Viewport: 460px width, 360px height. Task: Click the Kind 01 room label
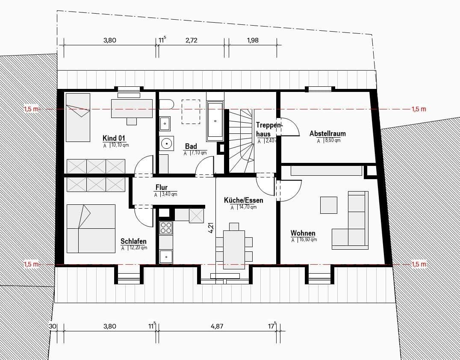click(x=114, y=138)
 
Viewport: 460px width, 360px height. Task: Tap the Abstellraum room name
click(x=327, y=133)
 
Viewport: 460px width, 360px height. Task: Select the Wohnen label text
click(x=303, y=233)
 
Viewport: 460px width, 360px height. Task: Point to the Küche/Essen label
click(x=243, y=200)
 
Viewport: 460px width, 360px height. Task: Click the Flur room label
click(x=161, y=187)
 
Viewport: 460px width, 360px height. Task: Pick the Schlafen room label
click(x=133, y=241)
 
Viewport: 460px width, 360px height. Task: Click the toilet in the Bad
click(x=166, y=104)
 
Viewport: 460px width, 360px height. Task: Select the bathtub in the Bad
click(x=215, y=121)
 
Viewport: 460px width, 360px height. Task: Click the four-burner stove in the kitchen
click(x=166, y=228)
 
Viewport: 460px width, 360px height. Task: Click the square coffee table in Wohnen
click(x=328, y=205)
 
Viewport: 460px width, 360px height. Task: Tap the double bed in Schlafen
click(x=91, y=228)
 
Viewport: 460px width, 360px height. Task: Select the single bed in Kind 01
click(x=78, y=118)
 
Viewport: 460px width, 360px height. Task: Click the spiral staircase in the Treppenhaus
click(x=242, y=141)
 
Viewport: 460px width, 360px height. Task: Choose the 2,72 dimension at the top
click(x=191, y=40)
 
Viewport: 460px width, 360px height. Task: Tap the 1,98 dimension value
click(x=253, y=40)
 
